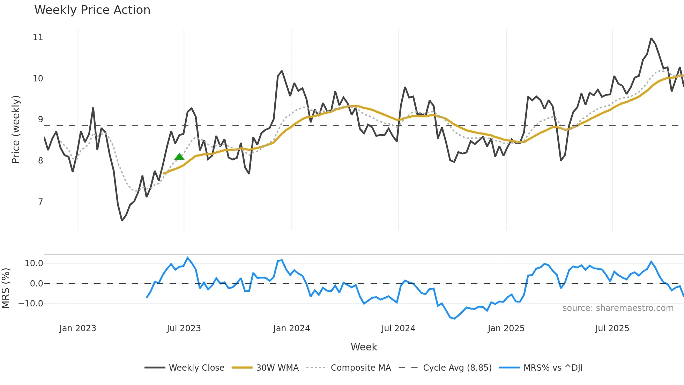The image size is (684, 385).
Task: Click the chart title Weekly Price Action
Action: tap(92, 10)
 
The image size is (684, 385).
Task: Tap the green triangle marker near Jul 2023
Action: tap(179, 157)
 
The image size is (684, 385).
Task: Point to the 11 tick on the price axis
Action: tap(38, 37)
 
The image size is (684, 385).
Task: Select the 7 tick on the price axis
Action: tap(40, 202)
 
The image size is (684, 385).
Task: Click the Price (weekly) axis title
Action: tap(16, 129)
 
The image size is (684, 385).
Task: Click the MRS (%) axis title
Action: tap(6, 288)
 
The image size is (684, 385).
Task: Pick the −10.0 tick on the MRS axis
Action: tap(31, 304)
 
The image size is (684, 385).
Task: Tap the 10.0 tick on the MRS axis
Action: tap(34, 263)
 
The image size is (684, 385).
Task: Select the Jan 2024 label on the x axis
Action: tap(291, 328)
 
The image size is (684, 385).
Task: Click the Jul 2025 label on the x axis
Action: tap(612, 328)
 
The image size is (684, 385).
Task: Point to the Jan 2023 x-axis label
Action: tap(77, 328)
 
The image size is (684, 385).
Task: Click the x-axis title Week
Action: tap(364, 347)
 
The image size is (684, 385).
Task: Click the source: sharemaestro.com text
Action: tap(618, 308)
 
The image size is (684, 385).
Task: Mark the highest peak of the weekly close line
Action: tap(651, 38)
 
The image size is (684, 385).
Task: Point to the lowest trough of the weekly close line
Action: tap(122, 220)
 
